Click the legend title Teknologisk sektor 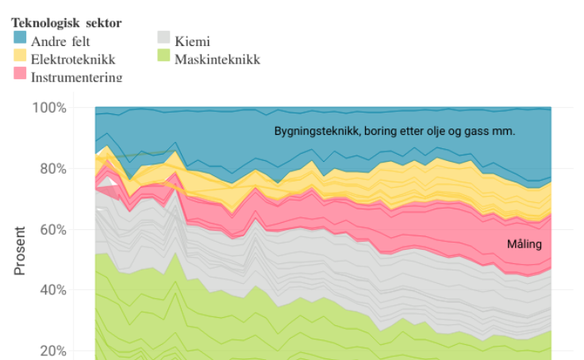pos(67,23)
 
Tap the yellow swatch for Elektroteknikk pos(20,57)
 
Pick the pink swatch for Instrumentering pos(20,75)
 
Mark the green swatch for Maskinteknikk pos(163,57)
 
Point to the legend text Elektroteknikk pos(73,59)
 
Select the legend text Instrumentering pos(76,76)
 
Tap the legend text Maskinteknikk pos(217,59)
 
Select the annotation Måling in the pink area pos(524,244)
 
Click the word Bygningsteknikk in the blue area pos(314,131)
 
